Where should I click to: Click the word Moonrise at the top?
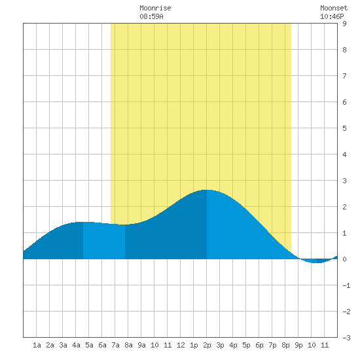(x=155, y=9)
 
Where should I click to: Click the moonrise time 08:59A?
(x=151, y=16)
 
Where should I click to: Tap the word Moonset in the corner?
(x=334, y=9)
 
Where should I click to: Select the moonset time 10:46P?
(x=332, y=16)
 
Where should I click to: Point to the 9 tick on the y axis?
(x=344, y=24)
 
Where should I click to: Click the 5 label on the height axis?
(x=344, y=128)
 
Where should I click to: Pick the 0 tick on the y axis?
(x=344, y=259)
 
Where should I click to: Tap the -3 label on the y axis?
(x=346, y=338)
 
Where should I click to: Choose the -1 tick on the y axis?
(x=346, y=285)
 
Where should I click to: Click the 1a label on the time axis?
(x=37, y=345)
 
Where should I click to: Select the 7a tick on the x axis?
(x=115, y=345)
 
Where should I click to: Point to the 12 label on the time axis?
(x=181, y=345)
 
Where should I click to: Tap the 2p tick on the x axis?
(x=207, y=345)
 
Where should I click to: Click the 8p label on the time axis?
(x=285, y=345)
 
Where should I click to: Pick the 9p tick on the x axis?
(x=298, y=345)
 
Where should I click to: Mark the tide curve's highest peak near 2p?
(x=206, y=190)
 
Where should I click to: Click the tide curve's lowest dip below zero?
(x=317, y=262)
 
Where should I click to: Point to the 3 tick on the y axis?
(x=344, y=181)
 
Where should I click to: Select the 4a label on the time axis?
(x=76, y=345)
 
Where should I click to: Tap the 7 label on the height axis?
(x=344, y=76)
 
